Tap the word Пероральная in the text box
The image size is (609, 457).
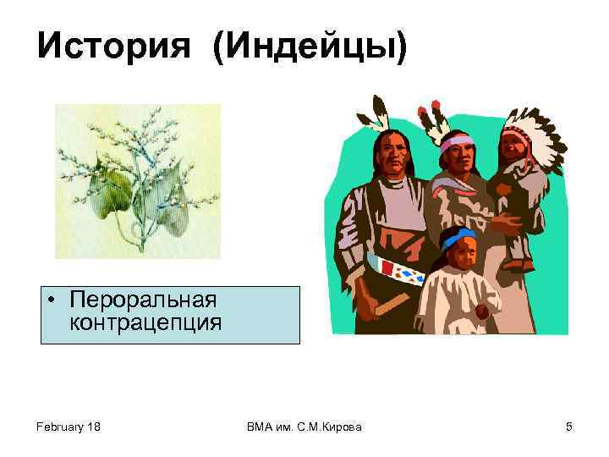pyautogui.click(x=144, y=300)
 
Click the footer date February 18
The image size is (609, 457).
pyautogui.click(x=69, y=427)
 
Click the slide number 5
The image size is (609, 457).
pyautogui.click(x=569, y=427)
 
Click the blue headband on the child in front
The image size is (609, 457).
pyautogui.click(x=458, y=240)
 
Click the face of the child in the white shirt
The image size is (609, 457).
pyautogui.click(x=461, y=254)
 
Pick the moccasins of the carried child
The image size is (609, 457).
pyautogui.click(x=518, y=263)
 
